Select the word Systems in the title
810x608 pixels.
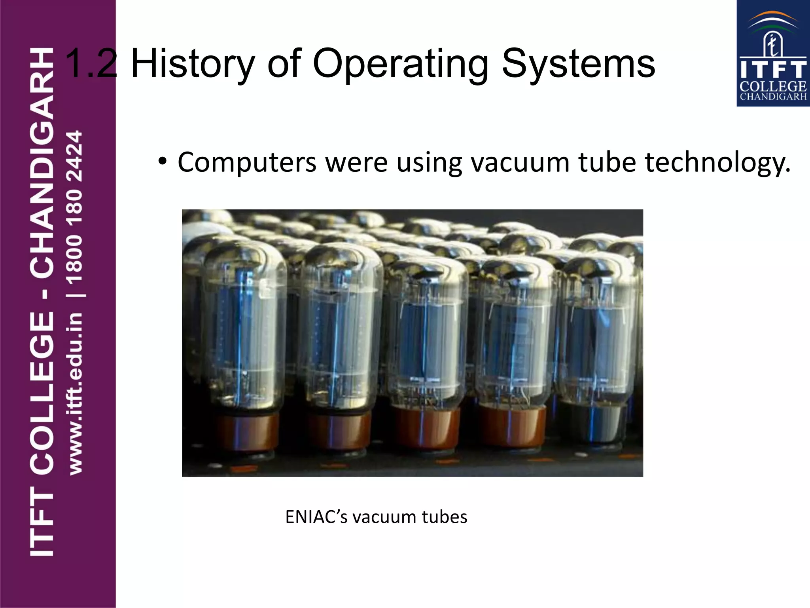[x=578, y=63]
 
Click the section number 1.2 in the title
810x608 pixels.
[x=90, y=63]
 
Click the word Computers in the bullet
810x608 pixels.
[x=247, y=162]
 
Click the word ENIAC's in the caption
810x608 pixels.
[x=316, y=517]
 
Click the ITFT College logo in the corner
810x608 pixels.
[x=773, y=54]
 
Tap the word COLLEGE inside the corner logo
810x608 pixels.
[x=773, y=86]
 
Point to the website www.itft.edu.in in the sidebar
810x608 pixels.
[x=75, y=393]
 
